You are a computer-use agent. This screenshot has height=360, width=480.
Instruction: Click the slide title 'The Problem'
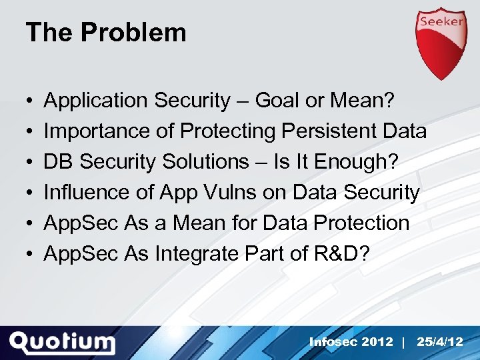pyautogui.click(x=106, y=33)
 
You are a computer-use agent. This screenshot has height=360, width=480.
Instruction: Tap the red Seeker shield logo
pyautogui.click(x=441, y=43)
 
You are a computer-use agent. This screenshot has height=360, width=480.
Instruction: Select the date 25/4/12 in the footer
pyautogui.click(x=439, y=341)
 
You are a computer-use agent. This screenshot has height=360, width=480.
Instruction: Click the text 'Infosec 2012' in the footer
pyautogui.click(x=351, y=341)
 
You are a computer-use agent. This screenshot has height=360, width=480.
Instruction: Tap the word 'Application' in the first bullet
pyautogui.click(x=96, y=101)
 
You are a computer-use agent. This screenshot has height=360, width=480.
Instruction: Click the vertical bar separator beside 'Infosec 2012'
pyautogui.click(x=404, y=341)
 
